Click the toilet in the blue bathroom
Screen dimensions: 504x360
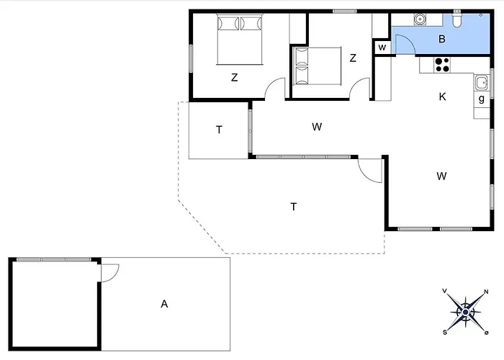456,19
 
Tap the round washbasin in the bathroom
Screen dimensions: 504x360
420,19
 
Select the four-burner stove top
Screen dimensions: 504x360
442,65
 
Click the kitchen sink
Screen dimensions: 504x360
482,83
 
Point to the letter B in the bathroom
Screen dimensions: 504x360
442,39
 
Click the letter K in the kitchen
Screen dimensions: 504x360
442,96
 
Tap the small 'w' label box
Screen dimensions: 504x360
382,48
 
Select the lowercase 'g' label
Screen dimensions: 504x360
481,99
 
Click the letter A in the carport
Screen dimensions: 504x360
164,304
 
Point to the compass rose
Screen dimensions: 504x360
465,312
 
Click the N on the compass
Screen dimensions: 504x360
486,292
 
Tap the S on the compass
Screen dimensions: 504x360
445,333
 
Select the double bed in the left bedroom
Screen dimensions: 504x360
240,39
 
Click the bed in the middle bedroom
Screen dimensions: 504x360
318,66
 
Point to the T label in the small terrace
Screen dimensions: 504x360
219,130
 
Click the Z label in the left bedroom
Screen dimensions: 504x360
234,78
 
